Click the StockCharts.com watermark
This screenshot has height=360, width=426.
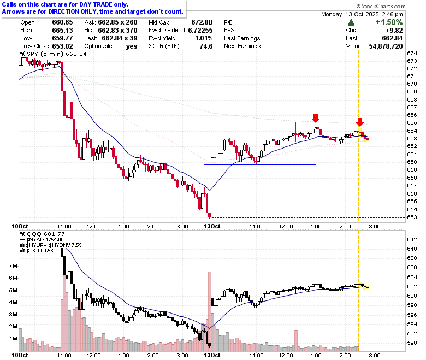(381, 6)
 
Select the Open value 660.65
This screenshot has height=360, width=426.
(62, 22)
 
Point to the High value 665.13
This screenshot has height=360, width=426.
(62, 30)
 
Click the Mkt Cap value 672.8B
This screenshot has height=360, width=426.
(202, 22)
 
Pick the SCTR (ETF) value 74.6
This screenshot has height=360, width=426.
(206, 46)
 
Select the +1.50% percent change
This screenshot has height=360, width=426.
(389, 22)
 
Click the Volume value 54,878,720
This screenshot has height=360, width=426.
(386, 46)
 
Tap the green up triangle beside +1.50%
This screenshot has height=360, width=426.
(351, 22)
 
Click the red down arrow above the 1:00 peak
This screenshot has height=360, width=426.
(316, 118)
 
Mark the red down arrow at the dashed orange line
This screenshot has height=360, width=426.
(360, 122)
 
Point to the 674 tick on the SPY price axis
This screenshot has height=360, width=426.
(412, 53)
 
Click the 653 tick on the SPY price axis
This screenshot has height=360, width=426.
(412, 217)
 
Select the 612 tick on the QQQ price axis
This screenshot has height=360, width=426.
(412, 240)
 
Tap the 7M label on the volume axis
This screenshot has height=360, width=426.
(13, 265)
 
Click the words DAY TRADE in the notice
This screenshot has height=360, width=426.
(96, 4)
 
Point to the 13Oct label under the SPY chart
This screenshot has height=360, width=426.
(212, 226)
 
